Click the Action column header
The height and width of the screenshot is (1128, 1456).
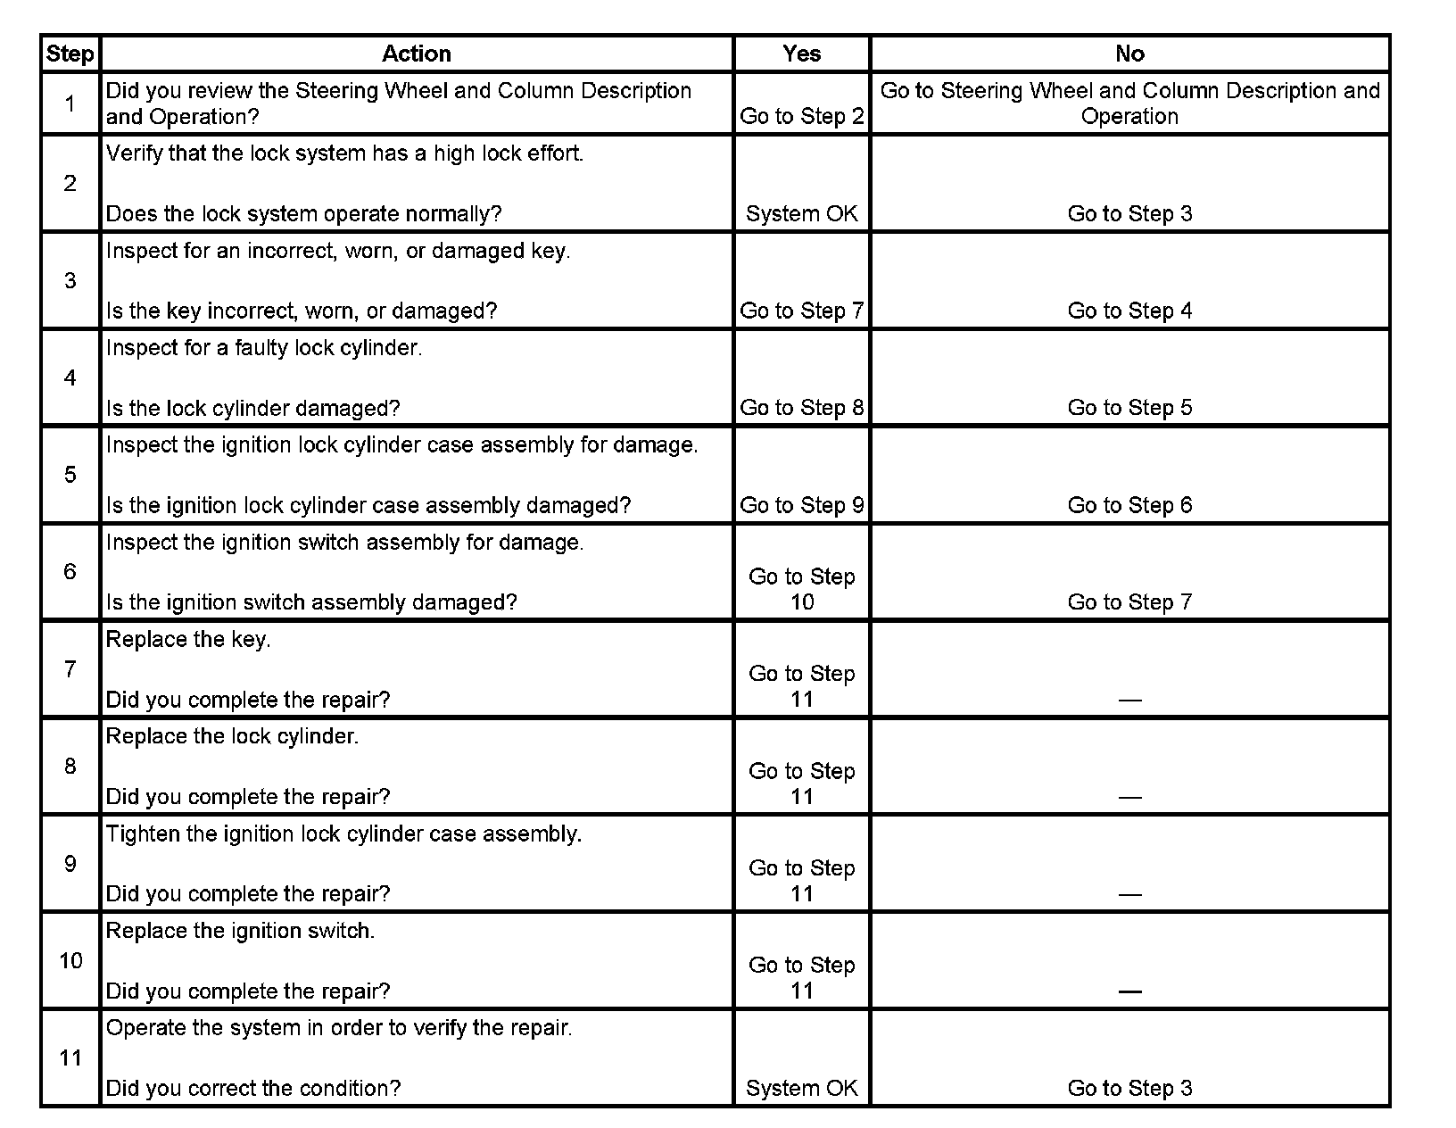tap(416, 54)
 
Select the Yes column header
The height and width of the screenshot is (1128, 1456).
tap(801, 54)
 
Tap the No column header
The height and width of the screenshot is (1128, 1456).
tap(1129, 54)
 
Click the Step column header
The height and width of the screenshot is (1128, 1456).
tap(70, 54)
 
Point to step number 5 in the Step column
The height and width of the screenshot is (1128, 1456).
tap(70, 475)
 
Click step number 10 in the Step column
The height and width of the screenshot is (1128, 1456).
tap(70, 961)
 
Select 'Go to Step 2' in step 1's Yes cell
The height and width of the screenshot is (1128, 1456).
tap(801, 117)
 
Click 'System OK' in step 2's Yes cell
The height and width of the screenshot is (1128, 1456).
tap(801, 214)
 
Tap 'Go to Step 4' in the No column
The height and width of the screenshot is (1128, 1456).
tap(1129, 311)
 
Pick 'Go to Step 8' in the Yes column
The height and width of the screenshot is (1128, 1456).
tap(801, 408)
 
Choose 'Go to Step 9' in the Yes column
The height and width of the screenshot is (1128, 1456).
tap(801, 506)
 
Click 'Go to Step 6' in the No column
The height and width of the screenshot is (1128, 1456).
tap(1129, 506)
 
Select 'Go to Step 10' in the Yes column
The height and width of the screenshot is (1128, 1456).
tap(801, 589)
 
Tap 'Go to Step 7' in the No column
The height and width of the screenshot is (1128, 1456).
tap(1129, 602)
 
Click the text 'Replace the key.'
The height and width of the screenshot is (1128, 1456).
tap(188, 640)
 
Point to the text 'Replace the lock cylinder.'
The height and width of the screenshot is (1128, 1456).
tap(232, 737)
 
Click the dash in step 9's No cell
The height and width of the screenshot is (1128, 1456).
tap(1129, 894)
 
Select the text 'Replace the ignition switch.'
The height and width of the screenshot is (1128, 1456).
tap(240, 931)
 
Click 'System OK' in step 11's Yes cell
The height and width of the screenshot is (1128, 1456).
tap(801, 1089)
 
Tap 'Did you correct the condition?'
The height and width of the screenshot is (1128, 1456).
tap(253, 1089)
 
